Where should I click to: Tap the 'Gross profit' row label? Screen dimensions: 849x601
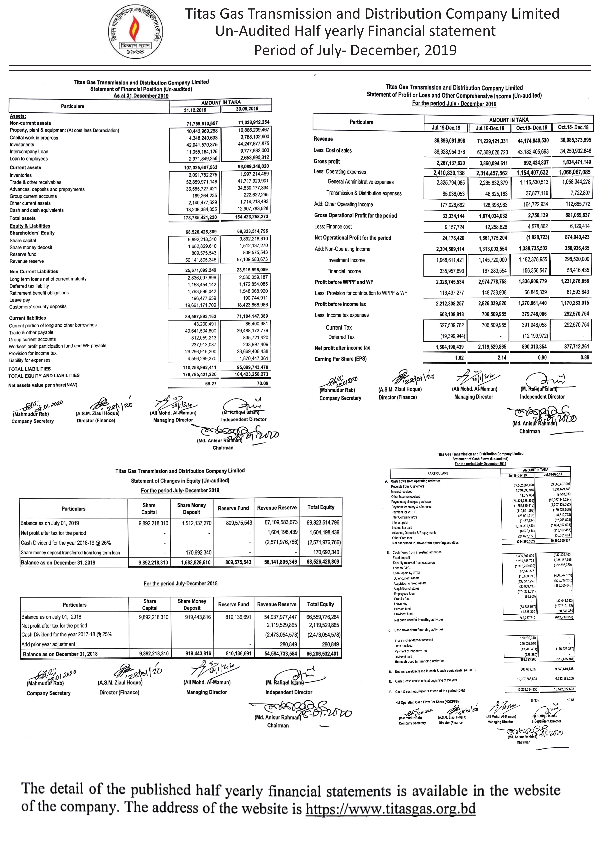coord(327,162)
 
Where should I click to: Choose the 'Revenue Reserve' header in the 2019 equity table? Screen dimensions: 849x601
coord(277,508)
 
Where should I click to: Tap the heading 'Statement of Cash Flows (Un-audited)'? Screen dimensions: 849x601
coord(480,459)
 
